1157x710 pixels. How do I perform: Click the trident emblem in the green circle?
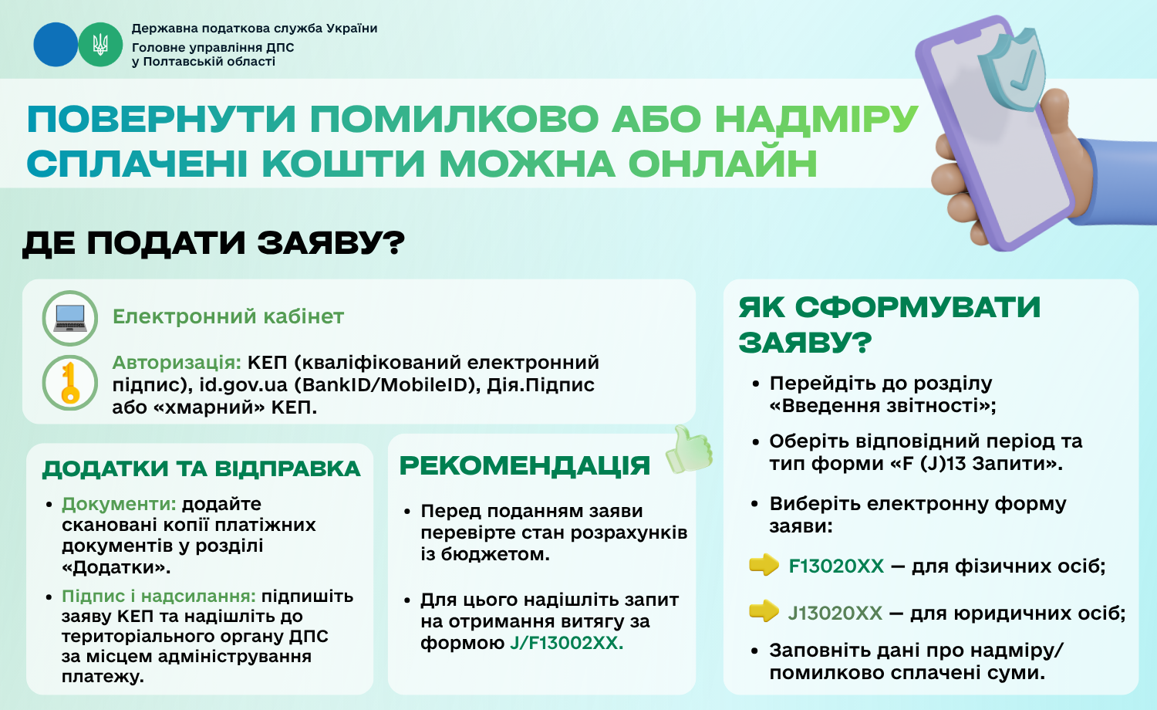tap(100, 45)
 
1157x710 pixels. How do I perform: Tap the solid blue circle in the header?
tap(56, 45)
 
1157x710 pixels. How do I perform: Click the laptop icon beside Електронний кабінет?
tap(69, 318)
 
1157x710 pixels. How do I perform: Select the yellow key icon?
tap(69, 382)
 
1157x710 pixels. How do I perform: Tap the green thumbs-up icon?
tap(689, 450)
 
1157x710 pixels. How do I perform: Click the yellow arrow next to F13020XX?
tap(764, 565)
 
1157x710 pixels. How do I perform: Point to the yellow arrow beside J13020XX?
tap(764, 611)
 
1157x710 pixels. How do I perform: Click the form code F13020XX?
tap(836, 566)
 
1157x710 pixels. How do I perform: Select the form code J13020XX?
tap(835, 614)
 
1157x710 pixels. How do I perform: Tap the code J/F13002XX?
tap(567, 643)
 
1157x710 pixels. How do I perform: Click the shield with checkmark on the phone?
tap(1011, 69)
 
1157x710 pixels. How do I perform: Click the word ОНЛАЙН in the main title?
tap(723, 164)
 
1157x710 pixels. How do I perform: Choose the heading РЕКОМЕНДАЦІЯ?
tap(525, 465)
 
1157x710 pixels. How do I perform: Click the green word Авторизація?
tap(177, 363)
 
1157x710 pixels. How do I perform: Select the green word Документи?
tap(119, 504)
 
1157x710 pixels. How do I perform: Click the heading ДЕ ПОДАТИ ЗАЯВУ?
tap(214, 243)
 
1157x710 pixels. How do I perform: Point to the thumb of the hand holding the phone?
tap(1054, 111)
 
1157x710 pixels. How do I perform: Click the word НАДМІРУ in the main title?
tap(817, 119)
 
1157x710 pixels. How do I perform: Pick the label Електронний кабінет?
tap(228, 316)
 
